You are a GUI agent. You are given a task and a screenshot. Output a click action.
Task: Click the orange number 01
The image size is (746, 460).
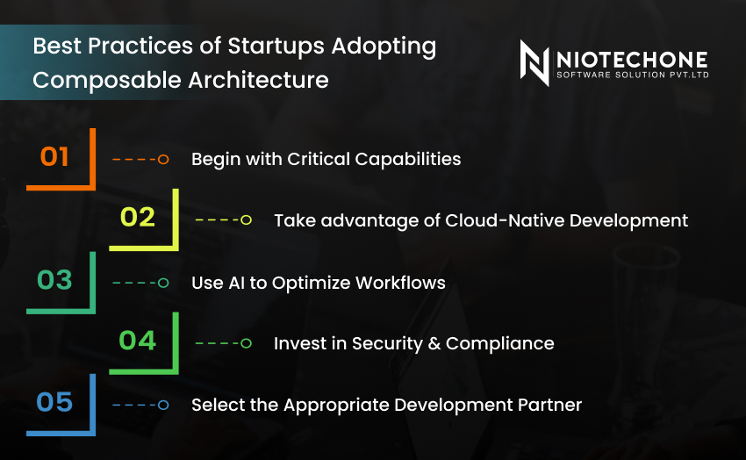tap(54, 156)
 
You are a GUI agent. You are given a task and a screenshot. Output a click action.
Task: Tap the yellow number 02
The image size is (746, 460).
tap(138, 218)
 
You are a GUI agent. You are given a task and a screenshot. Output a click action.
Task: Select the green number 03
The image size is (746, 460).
tap(54, 280)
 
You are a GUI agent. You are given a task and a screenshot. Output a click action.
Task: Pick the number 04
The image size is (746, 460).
tap(138, 341)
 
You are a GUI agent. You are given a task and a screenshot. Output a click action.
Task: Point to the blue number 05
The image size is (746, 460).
tap(54, 402)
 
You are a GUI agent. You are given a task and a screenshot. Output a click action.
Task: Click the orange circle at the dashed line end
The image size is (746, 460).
tap(163, 160)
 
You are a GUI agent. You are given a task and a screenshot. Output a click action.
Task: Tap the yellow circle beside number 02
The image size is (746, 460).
tap(246, 219)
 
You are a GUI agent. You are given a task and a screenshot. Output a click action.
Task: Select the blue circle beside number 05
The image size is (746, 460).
tap(163, 406)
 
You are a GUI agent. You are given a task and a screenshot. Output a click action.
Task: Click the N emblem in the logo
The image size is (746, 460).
tap(534, 63)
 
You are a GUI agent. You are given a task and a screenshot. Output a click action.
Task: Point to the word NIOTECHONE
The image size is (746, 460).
tap(632, 60)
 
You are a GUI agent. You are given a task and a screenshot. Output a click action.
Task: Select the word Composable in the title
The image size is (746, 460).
tap(108, 81)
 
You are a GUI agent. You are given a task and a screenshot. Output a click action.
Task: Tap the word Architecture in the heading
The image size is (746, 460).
tap(258, 80)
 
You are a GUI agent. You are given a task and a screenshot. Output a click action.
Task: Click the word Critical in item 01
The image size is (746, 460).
tap(319, 159)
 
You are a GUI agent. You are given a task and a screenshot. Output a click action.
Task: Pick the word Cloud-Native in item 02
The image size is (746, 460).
tap(505, 220)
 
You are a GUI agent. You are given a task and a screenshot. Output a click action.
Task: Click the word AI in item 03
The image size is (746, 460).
tap(236, 283)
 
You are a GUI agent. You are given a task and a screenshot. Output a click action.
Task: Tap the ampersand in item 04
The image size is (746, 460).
tap(434, 344)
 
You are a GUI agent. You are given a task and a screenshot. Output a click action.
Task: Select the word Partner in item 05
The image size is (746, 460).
tap(549, 406)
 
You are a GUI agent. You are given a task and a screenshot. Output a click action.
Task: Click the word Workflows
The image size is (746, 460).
tap(400, 283)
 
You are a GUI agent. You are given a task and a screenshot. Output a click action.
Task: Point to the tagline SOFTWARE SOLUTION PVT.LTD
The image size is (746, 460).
tap(633, 75)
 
